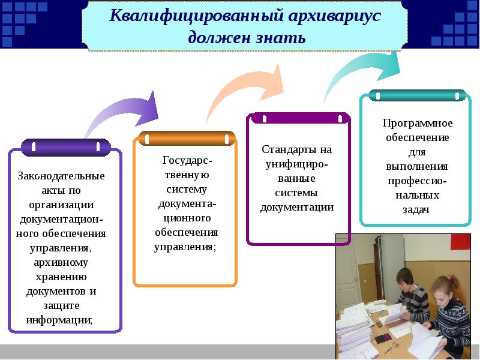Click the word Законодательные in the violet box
[61, 176]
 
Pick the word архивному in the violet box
[61, 262]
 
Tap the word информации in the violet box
[59, 320]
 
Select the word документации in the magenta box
[297, 208]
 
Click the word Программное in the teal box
[418, 123]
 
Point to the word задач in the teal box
[416, 210]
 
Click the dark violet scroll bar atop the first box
[66, 146]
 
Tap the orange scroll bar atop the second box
[186, 138]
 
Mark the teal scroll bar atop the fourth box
[418, 95]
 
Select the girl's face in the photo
[445, 288]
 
